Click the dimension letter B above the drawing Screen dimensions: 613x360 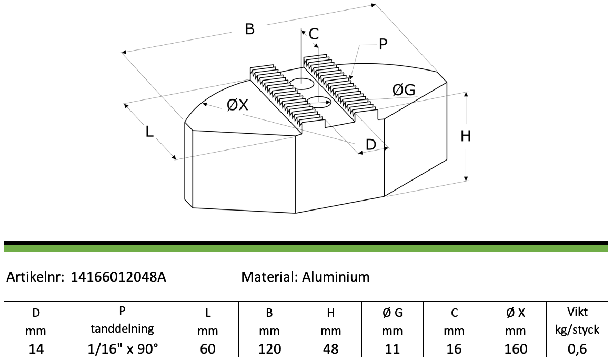coord(250,29)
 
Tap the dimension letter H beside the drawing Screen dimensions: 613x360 coord(465,136)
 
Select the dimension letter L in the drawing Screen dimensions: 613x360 coord(149,132)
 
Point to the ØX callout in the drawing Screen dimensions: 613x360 coord(237,105)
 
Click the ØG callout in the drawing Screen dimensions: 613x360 coord(404,91)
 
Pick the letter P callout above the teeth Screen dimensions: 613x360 coord(383,45)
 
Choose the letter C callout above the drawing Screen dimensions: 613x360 coord(314,34)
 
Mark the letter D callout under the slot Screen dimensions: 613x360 coord(370,145)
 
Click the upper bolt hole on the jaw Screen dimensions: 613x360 coord(302,83)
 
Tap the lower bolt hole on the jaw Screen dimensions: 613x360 coord(319,102)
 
